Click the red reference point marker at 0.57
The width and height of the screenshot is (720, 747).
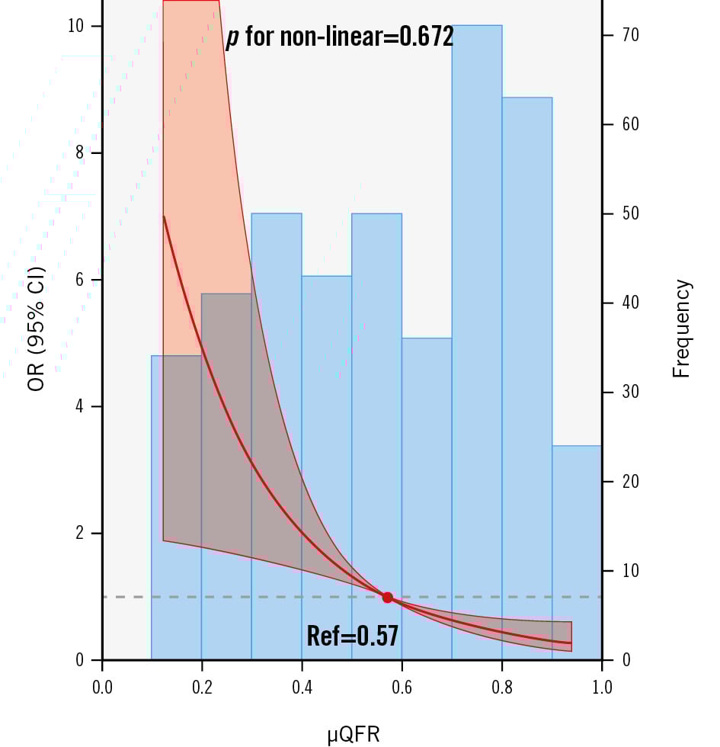click(387, 598)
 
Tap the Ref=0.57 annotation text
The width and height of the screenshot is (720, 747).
click(352, 636)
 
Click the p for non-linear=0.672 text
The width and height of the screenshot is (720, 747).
click(340, 36)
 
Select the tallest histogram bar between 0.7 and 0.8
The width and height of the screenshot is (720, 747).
click(477, 229)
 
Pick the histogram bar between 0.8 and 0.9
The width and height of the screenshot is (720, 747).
click(526, 305)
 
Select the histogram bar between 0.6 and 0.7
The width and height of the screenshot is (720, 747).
click(427, 457)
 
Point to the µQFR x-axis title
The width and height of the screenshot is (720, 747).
click(354, 734)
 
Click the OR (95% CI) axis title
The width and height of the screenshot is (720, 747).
click(36, 329)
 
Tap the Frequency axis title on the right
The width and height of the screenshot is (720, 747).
click(682, 329)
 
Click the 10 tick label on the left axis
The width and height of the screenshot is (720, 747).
click(75, 27)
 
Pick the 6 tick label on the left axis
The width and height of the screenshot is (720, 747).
click(78, 280)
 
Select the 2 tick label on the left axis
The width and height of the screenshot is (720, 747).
click(78, 534)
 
